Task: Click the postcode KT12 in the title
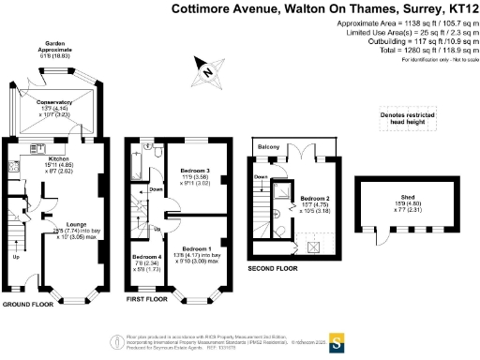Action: click(458, 8)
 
